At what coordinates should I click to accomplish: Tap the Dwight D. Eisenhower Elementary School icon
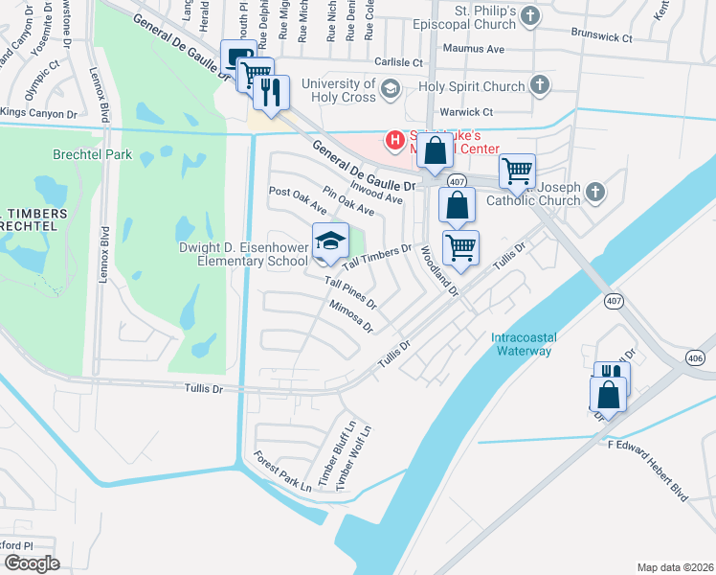click(329, 241)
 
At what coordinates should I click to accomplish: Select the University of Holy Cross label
click(339, 90)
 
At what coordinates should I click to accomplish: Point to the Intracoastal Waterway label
click(522, 343)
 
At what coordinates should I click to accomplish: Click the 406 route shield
click(697, 356)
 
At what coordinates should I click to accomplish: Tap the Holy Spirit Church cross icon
click(539, 86)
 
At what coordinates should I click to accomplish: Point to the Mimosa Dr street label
click(350, 315)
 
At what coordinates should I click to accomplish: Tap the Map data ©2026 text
click(675, 567)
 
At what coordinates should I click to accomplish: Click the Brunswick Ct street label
click(601, 38)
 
